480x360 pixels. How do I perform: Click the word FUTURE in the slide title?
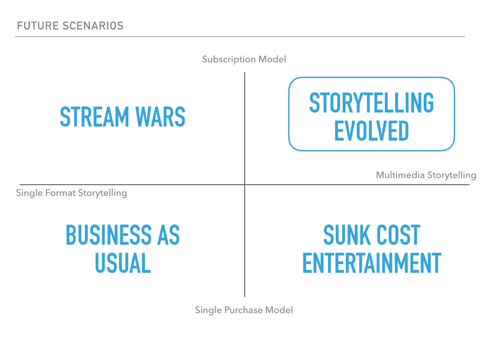[38, 26]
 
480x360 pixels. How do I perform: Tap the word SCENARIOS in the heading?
[93, 26]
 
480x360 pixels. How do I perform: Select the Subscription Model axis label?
[244, 60]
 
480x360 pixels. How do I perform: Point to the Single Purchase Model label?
[244, 310]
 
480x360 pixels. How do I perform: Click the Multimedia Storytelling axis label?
[426, 175]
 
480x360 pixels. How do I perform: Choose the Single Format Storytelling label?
[71, 193]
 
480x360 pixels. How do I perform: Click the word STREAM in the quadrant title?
[95, 117]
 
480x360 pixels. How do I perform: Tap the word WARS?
[160, 117]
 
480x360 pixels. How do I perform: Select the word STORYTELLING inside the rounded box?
[371, 103]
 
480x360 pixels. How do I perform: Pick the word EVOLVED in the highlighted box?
[371, 131]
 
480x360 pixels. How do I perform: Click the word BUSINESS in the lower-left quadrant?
[109, 235]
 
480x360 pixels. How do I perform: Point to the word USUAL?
[123, 262]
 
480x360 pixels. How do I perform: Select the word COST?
[398, 235]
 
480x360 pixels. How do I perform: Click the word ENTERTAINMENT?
[372, 262]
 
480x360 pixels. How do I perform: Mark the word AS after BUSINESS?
[168, 235]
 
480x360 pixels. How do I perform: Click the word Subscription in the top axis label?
[229, 60]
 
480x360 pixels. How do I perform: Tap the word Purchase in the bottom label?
[243, 310]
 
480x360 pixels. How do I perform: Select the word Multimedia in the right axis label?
[400, 175]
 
